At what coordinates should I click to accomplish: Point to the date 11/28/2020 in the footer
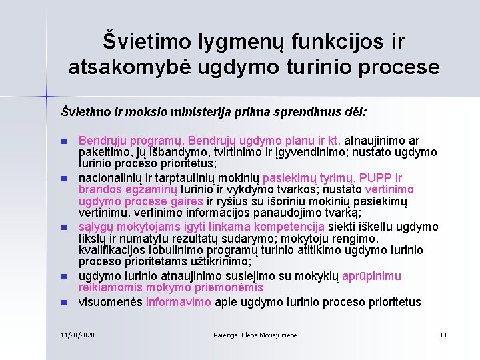(x=77, y=334)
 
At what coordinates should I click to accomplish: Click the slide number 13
(x=443, y=334)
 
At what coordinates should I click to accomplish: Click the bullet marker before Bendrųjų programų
(x=64, y=141)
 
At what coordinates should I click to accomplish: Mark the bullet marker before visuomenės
(x=64, y=303)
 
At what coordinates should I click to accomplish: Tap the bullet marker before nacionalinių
(x=64, y=179)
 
